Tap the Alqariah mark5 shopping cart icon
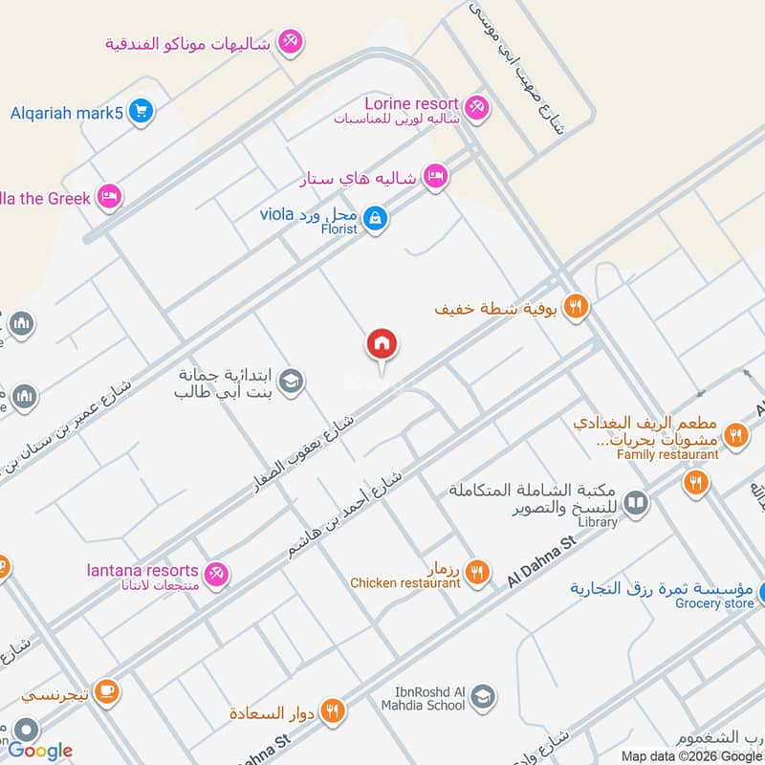(x=142, y=112)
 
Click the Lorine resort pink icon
(x=476, y=105)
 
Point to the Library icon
(x=636, y=502)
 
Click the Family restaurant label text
(x=661, y=454)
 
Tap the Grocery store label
(x=714, y=603)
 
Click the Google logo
(x=41, y=750)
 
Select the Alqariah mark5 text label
(x=67, y=113)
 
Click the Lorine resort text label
(x=411, y=103)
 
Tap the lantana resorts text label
(x=141, y=571)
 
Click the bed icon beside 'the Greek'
(x=110, y=197)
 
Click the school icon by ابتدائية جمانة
(x=291, y=381)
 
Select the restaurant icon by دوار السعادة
(x=332, y=710)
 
